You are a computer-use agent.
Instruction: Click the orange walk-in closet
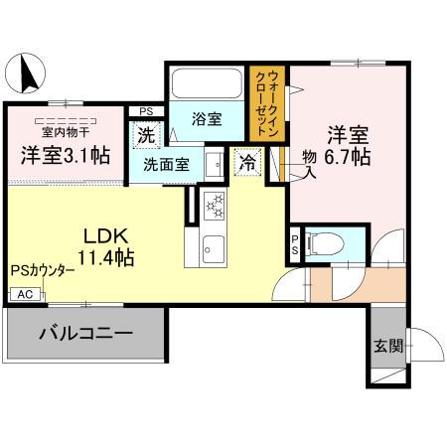pos(268,98)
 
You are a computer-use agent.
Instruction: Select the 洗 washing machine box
pos(145,134)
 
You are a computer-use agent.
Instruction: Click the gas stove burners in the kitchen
pos(215,207)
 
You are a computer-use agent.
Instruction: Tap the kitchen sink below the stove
pos(213,248)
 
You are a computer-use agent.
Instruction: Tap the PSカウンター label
pos(43,270)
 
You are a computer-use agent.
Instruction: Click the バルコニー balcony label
pos(86,333)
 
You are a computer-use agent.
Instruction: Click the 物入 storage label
pos(309,163)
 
